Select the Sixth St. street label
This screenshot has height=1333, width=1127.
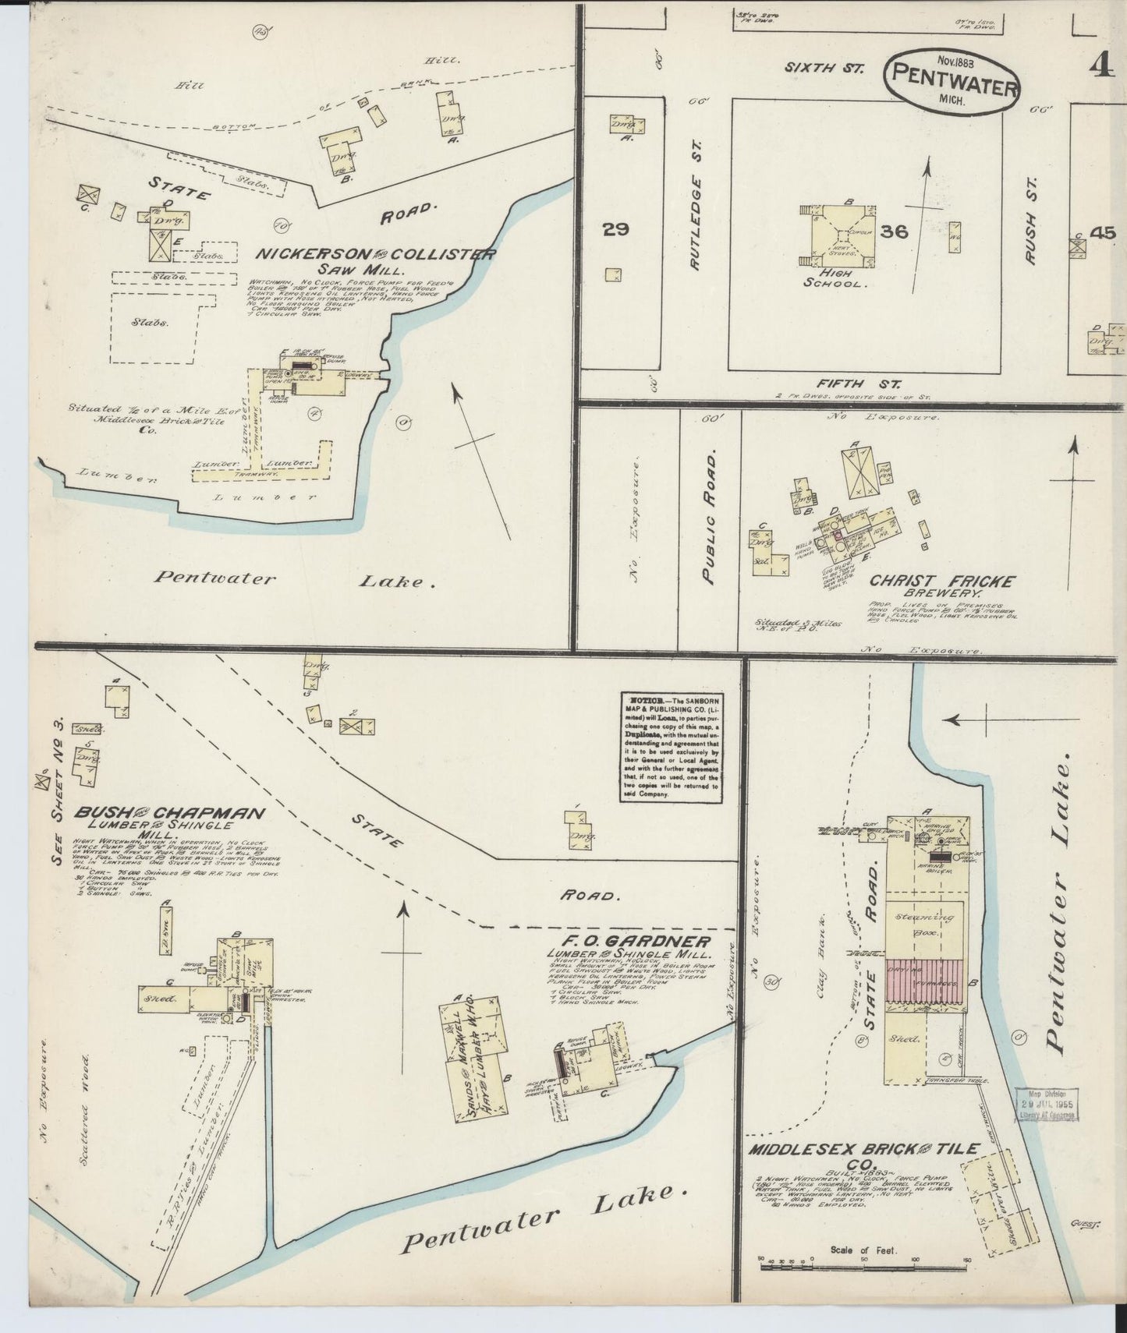tap(824, 68)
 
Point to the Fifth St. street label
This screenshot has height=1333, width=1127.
tap(860, 384)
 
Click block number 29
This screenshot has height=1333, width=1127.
tap(615, 229)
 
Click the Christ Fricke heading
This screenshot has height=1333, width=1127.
tap(942, 582)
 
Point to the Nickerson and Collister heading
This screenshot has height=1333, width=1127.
tap(377, 255)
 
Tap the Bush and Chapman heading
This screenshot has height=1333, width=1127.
tap(169, 813)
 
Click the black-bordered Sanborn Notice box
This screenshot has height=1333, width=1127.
tap(670, 747)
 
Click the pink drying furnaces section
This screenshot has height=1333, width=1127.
tap(926, 985)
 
